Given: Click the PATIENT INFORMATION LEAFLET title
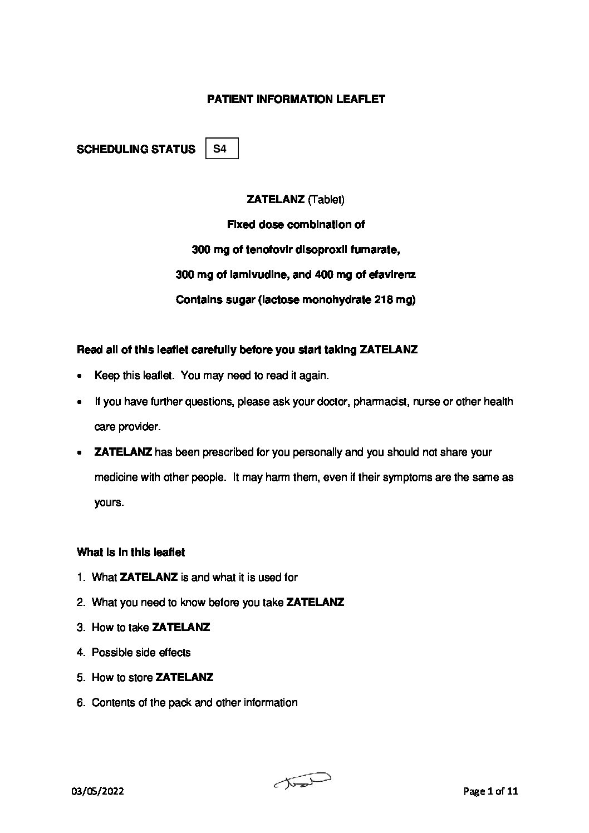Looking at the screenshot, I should [x=296, y=100].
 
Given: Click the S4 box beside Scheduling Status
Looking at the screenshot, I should [x=222, y=149].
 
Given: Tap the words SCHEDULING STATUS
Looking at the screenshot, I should [x=136, y=149].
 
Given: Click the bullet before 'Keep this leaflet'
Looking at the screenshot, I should [x=81, y=376].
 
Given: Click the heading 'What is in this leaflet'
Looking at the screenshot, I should [x=131, y=552].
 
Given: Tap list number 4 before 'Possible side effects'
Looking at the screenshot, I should [x=80, y=652].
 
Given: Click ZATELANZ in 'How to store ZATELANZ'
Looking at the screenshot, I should [x=184, y=677].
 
